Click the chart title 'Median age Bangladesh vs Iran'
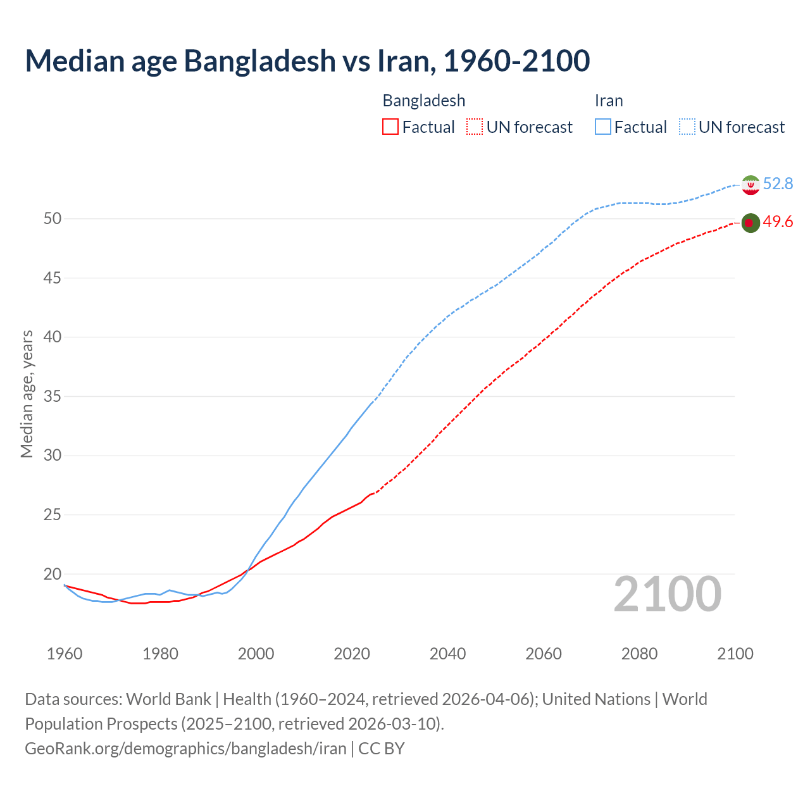point(308,61)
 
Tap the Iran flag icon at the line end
point(751,185)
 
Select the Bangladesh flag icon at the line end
point(750,223)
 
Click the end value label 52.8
point(778,184)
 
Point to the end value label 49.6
point(778,222)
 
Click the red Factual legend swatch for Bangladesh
point(390,127)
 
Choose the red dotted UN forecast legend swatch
point(475,127)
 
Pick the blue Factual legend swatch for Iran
point(603,127)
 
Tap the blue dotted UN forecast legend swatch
point(687,127)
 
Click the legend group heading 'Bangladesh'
point(424,101)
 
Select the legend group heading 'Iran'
point(609,101)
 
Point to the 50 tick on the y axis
point(52,219)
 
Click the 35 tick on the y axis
point(52,397)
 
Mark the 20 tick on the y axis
point(52,575)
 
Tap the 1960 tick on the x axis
point(65,654)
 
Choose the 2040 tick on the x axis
point(447,654)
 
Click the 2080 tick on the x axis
point(639,654)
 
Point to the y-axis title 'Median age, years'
point(27,394)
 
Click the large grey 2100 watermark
point(668,594)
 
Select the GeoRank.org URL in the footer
point(185,749)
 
